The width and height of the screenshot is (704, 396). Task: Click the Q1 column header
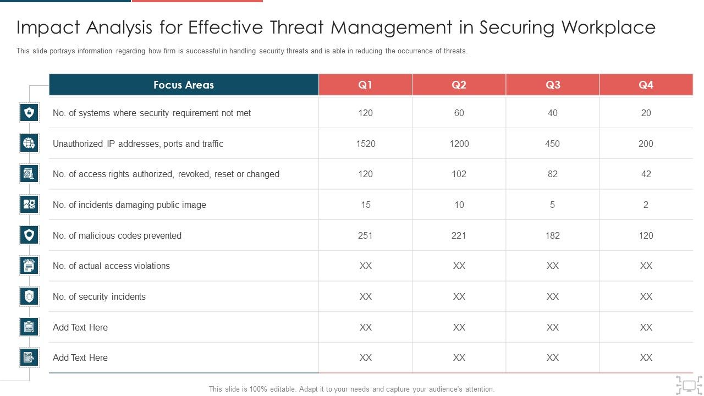pyautogui.click(x=365, y=85)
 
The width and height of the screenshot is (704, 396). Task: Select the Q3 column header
pyautogui.click(x=553, y=85)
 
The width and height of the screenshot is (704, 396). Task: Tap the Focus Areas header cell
pyautogui.click(x=184, y=85)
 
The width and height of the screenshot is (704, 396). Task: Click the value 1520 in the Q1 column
pyautogui.click(x=365, y=144)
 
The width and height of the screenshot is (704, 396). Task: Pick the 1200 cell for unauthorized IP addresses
pyautogui.click(x=459, y=144)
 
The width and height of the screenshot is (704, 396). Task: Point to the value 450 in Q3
pyautogui.click(x=552, y=144)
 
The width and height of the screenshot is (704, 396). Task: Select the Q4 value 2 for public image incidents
pyautogui.click(x=646, y=205)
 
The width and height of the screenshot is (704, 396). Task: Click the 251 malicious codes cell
pyautogui.click(x=365, y=235)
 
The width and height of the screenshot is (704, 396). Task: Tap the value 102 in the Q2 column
pyautogui.click(x=459, y=174)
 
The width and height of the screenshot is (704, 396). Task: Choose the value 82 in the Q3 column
pyautogui.click(x=552, y=174)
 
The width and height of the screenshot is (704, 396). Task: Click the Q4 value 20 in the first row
pyautogui.click(x=646, y=113)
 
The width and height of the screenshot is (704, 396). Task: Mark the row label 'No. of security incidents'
pyautogui.click(x=99, y=296)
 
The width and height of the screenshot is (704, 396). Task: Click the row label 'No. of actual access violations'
pyautogui.click(x=111, y=266)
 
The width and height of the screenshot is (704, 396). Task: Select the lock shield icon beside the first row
pyautogui.click(x=29, y=113)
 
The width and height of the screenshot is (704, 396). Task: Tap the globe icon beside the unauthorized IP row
pyautogui.click(x=29, y=144)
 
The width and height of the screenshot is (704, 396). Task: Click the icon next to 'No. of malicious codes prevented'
pyautogui.click(x=29, y=235)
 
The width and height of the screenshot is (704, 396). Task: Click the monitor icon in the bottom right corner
pyautogui.click(x=689, y=384)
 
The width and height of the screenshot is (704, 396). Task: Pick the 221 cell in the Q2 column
pyautogui.click(x=459, y=235)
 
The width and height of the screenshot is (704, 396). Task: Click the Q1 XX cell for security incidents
pyautogui.click(x=365, y=296)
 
